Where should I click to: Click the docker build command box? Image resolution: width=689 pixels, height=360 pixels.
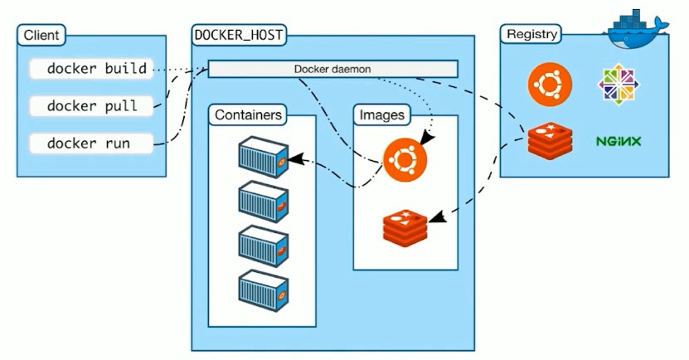(x=90, y=70)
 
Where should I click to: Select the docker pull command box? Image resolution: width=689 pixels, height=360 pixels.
(x=90, y=106)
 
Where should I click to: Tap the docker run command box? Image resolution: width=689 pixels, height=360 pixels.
(x=90, y=144)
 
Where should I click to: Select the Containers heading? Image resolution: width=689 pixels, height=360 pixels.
(x=250, y=115)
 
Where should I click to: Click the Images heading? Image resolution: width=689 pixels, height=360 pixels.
(x=381, y=115)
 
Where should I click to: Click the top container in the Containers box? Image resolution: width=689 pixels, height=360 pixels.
(x=262, y=154)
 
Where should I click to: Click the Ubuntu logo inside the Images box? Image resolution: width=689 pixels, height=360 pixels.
(x=405, y=158)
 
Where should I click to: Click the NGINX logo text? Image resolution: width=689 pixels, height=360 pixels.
(x=619, y=141)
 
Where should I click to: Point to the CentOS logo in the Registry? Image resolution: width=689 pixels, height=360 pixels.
(x=619, y=85)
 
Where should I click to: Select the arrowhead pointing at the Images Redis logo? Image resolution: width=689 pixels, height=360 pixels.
(x=435, y=219)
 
